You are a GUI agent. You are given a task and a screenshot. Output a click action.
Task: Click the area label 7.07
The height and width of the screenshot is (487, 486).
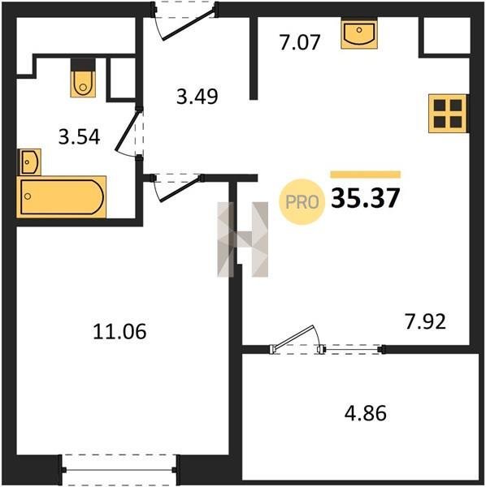[x=299, y=42]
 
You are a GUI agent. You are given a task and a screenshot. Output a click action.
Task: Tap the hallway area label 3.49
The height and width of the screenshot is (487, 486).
[x=197, y=97]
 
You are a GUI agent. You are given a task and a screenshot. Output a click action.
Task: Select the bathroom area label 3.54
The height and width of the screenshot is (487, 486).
[x=80, y=137]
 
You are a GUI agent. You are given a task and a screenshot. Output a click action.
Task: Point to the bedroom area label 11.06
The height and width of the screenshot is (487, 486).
[x=119, y=331]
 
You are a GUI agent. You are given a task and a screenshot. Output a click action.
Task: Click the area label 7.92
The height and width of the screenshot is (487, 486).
[x=425, y=321]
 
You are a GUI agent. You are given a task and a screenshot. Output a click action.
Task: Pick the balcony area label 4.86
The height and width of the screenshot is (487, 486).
[x=366, y=413]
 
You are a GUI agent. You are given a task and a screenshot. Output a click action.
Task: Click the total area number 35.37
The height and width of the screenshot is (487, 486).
[x=365, y=198]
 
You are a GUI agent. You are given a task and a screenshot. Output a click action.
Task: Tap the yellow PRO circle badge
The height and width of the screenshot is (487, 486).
[x=302, y=202]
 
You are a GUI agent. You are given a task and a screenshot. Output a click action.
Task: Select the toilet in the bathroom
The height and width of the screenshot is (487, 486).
[x=83, y=78]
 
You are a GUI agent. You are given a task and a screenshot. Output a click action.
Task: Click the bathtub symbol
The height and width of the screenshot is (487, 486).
[x=62, y=197]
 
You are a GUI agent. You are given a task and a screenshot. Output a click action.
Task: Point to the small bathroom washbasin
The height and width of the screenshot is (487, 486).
[x=30, y=162]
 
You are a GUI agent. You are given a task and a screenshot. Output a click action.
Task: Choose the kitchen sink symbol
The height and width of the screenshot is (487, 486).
[x=359, y=33]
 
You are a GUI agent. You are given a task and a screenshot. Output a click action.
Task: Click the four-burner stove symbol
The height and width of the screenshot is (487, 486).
[x=448, y=114]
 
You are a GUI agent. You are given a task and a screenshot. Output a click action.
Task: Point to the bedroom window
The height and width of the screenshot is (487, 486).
[x=119, y=470]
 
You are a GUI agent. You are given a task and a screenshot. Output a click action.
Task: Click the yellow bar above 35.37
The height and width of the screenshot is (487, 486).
[x=366, y=175]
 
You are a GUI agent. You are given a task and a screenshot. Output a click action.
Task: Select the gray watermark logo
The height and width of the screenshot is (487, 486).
[x=242, y=239]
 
